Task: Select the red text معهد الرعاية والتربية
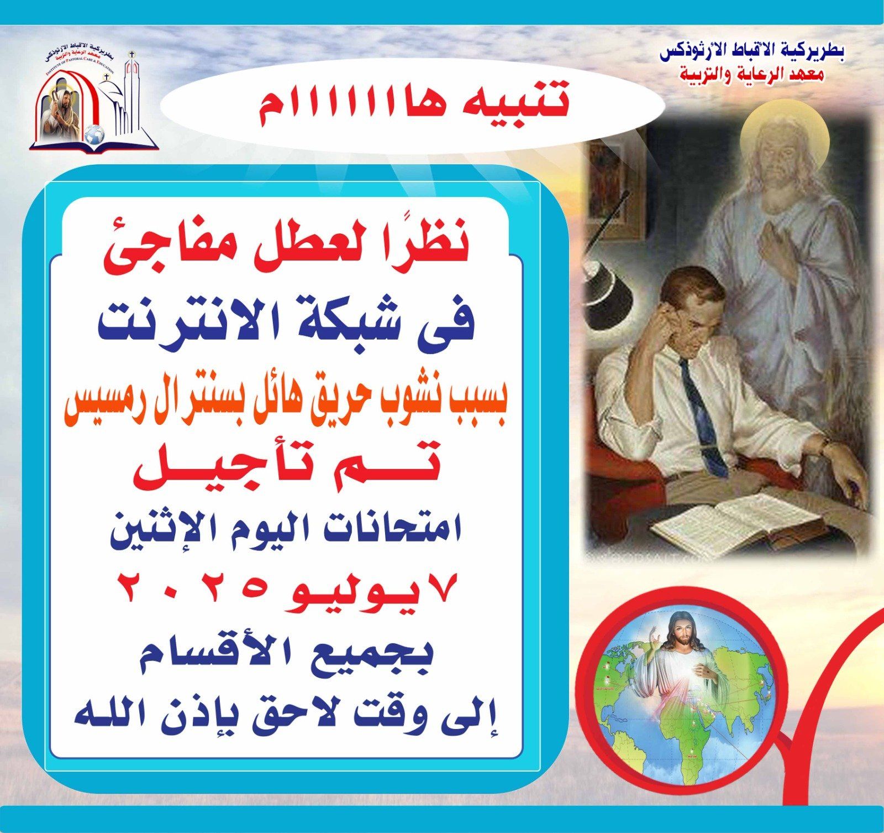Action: tap(752, 74)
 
